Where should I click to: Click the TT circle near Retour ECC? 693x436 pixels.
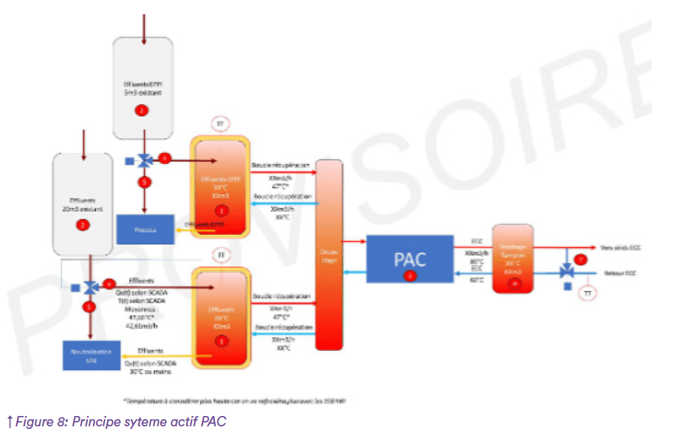[587, 293]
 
